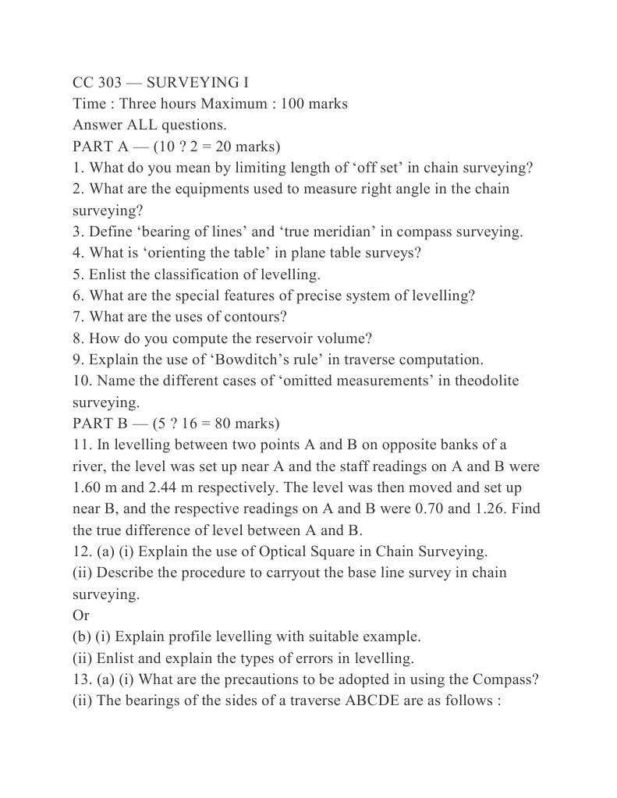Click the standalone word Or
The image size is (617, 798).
[x=81, y=615]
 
